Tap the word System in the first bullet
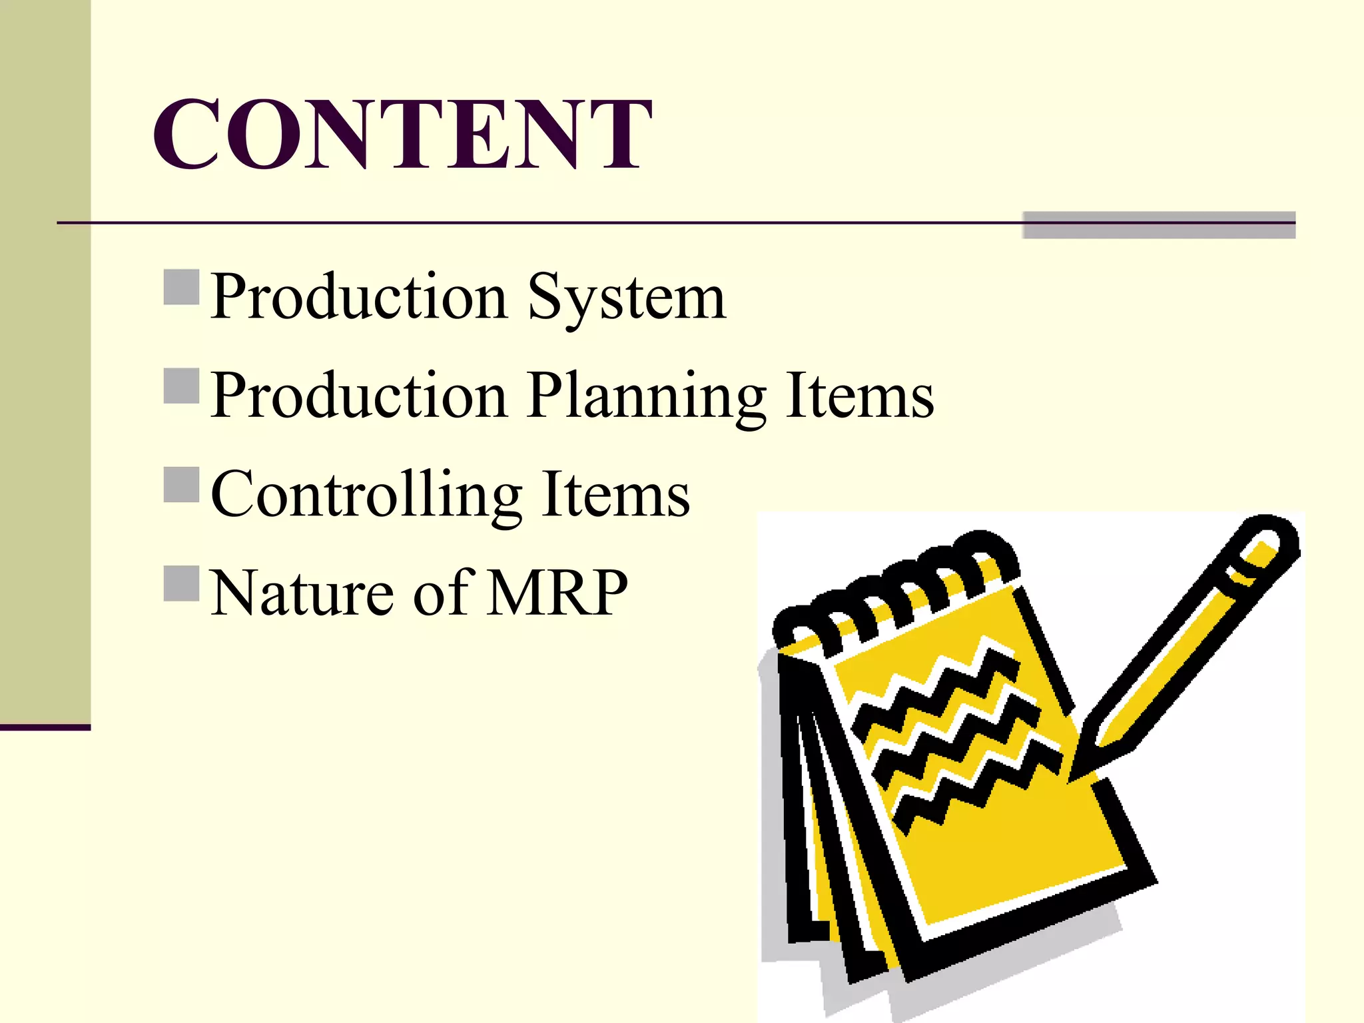tap(626, 297)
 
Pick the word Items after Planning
tap(859, 396)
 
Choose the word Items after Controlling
tap(615, 494)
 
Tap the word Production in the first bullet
tap(360, 297)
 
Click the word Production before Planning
tap(360, 396)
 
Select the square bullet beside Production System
tap(181, 287)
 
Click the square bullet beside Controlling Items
tap(181, 484)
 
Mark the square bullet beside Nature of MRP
tap(181, 583)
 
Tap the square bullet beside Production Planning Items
tap(181, 386)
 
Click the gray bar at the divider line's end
tap(1159, 225)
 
